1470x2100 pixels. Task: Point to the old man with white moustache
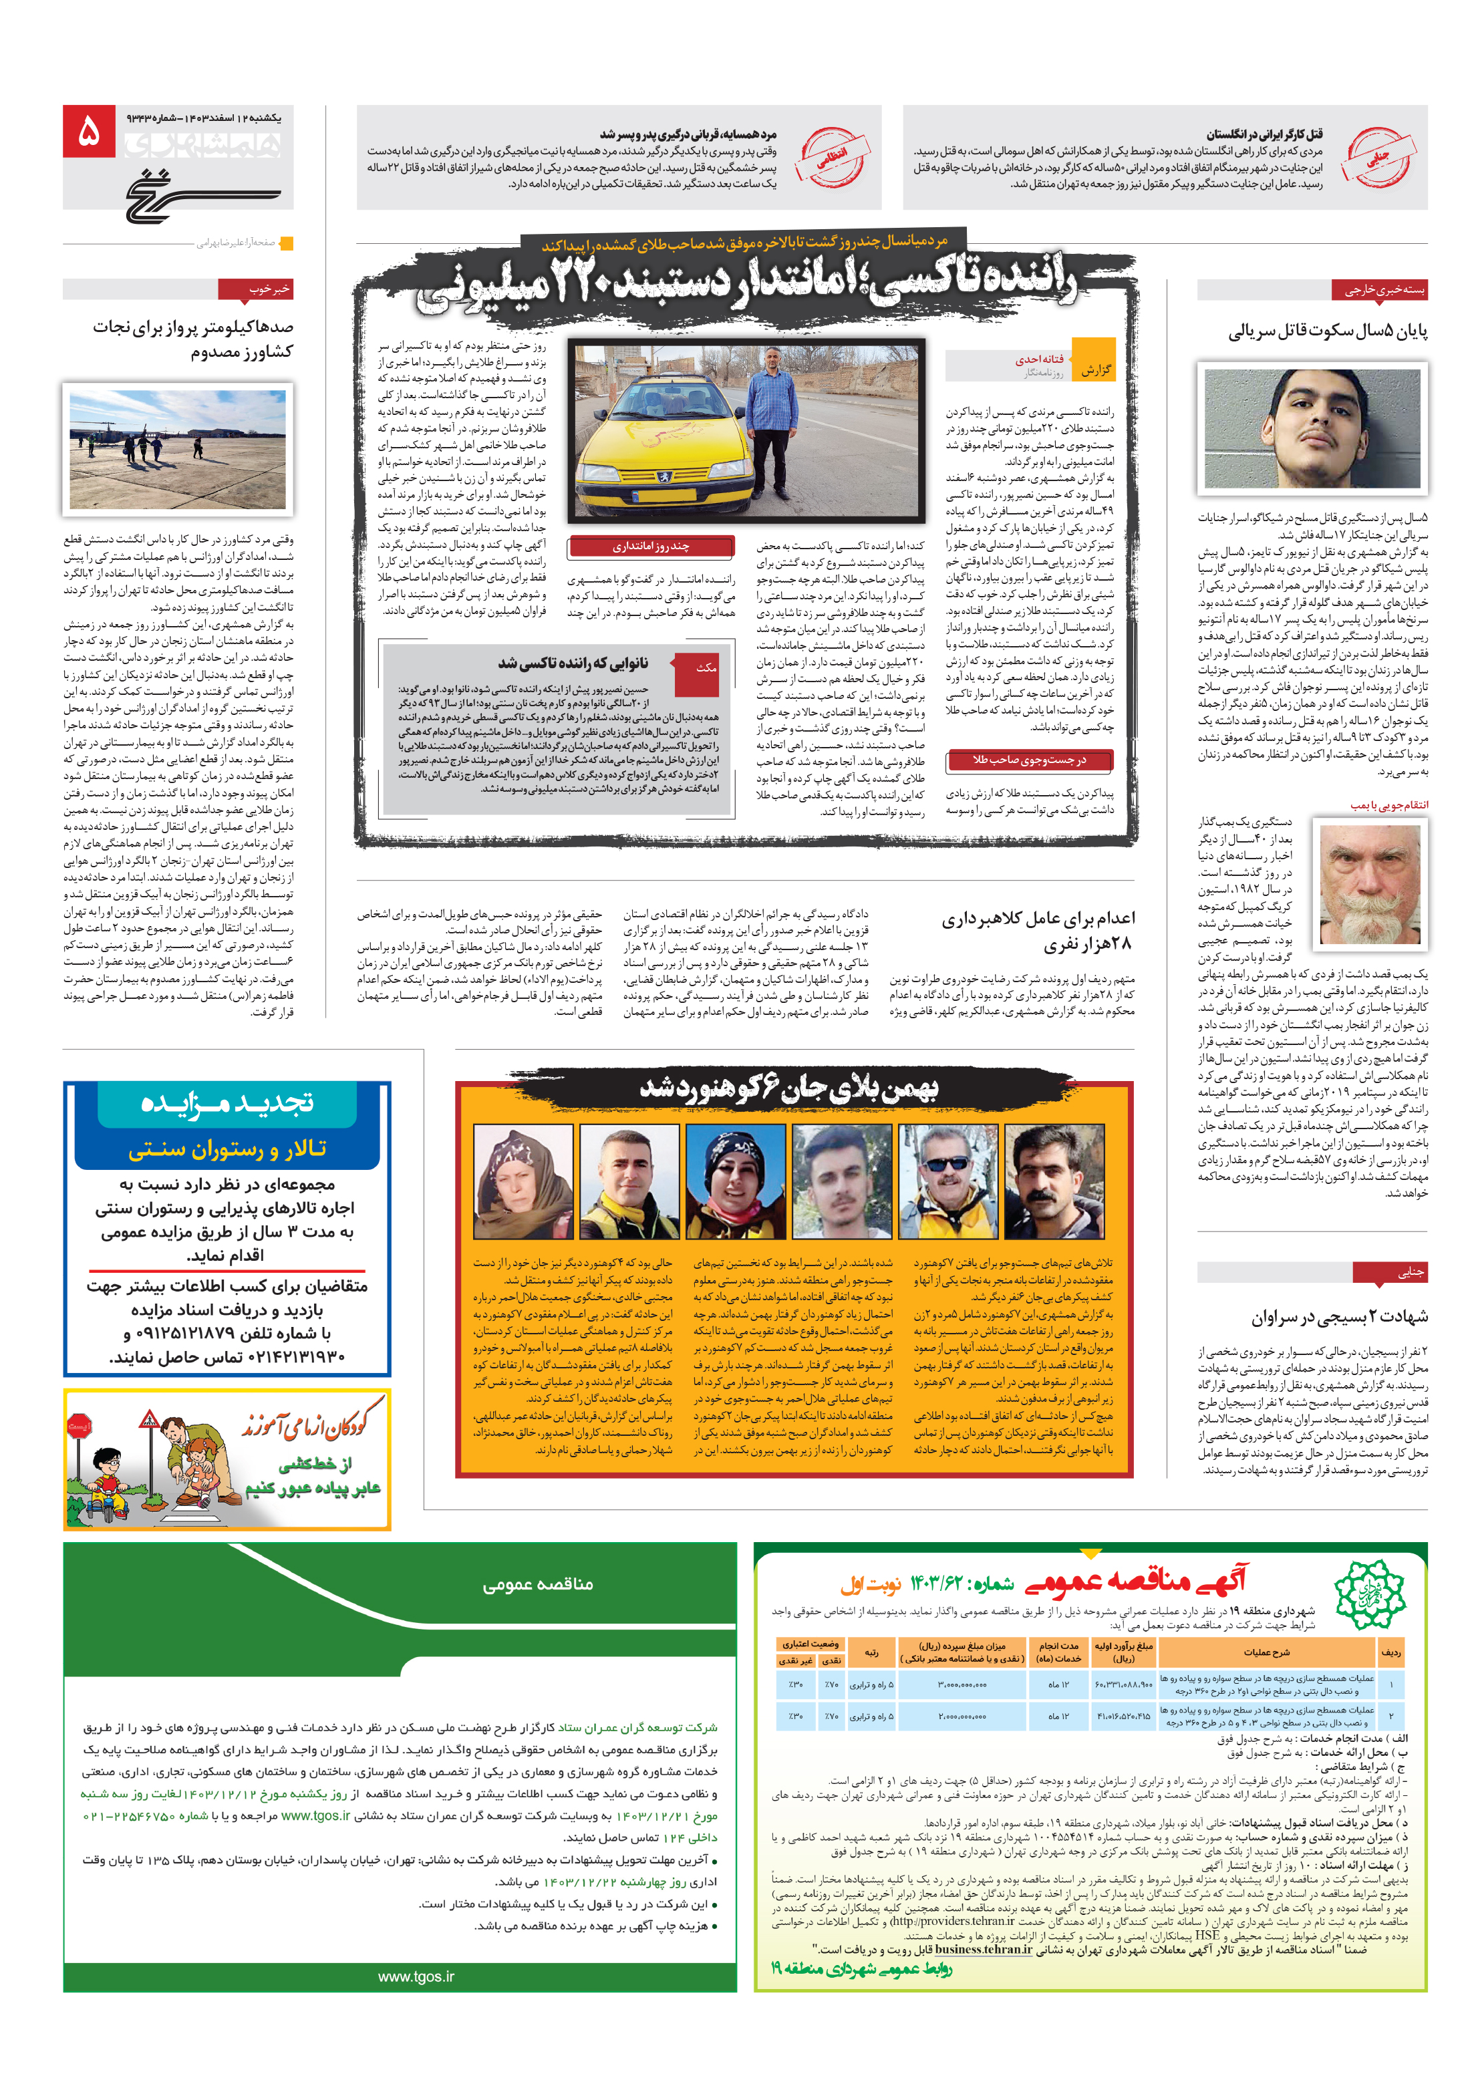1368,883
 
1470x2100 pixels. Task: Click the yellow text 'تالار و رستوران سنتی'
227,1149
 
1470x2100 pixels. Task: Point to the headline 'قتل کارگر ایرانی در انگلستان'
1264,134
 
